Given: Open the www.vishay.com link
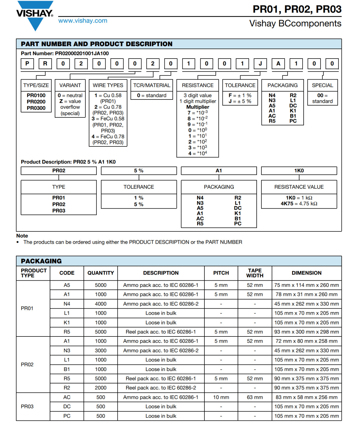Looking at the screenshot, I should (x=83, y=21).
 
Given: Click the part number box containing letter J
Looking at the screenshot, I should (x=260, y=64).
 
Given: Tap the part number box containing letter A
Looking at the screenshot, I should (x=278, y=64).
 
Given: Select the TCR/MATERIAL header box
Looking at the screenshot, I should (x=152, y=85).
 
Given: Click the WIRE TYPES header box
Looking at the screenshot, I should (x=108, y=85).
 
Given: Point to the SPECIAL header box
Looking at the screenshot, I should (x=322, y=85).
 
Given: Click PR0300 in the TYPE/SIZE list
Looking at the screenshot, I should (x=36, y=108).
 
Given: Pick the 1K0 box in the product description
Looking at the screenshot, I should (x=299, y=171).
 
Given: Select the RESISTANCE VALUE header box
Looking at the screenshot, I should (x=299, y=187).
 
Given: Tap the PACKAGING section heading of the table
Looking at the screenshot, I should (x=41, y=261).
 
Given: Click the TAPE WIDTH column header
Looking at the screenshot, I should (x=255, y=273).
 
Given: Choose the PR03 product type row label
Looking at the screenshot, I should (x=27, y=406).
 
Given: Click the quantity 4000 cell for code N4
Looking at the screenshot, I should (x=101, y=304).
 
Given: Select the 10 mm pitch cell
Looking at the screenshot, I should (x=221, y=397).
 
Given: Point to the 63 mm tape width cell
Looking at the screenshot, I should (x=255, y=397).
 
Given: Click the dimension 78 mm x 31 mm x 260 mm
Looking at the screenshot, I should (x=306, y=294).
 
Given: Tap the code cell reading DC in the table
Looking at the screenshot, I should (x=67, y=407).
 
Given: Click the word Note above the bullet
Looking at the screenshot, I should (x=22, y=236).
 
